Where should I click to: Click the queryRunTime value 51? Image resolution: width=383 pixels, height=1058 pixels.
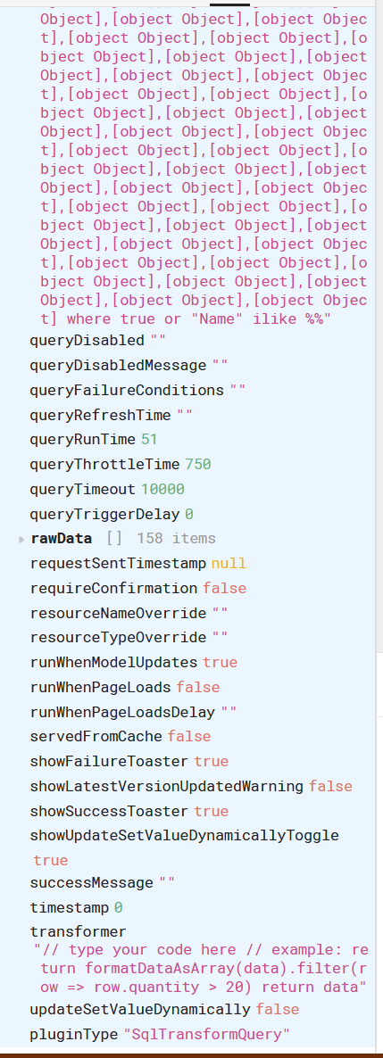[x=149, y=439]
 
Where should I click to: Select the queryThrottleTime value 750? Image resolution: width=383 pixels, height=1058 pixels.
[x=198, y=464]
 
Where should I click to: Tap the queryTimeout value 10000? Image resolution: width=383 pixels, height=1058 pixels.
[x=162, y=489]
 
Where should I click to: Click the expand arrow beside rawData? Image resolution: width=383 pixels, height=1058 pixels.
[x=22, y=539]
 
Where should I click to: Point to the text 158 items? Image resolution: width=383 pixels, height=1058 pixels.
[x=176, y=539]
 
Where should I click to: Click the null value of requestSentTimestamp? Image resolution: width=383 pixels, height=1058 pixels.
[x=229, y=564]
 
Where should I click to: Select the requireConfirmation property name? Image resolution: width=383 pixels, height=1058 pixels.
[x=114, y=589]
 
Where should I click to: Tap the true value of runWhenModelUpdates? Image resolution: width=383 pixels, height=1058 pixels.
[x=221, y=663]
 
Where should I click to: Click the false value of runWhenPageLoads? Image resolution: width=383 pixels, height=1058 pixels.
[x=198, y=687]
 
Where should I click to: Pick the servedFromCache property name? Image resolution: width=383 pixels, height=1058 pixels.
[x=96, y=736]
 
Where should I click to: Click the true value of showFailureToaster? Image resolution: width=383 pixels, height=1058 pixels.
[x=212, y=761]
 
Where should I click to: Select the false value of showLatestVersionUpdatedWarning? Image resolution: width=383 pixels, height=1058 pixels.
[x=330, y=786]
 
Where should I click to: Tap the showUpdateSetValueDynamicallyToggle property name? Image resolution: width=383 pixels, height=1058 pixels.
[x=185, y=835]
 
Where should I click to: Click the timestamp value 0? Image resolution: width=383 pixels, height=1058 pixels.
[x=118, y=907]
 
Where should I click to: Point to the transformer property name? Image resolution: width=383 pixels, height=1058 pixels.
[x=78, y=932]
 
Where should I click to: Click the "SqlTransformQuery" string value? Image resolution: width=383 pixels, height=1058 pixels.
[x=206, y=1034]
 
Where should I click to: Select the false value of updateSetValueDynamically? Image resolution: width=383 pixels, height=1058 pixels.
[x=278, y=1010]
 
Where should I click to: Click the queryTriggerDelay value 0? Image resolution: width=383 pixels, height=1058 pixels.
[x=189, y=514]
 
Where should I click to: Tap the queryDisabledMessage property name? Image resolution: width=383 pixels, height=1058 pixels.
[x=118, y=366]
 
